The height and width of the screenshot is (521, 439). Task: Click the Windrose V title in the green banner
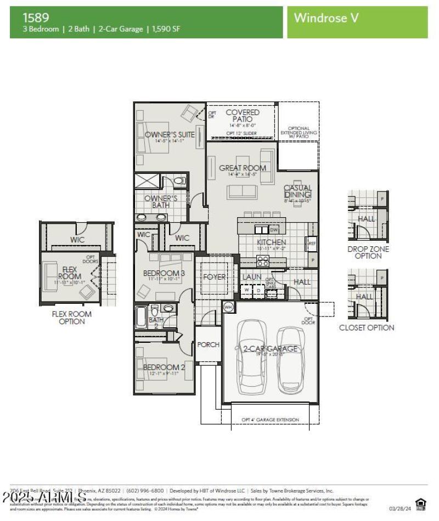pos(327,18)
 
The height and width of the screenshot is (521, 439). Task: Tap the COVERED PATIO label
pos(243,116)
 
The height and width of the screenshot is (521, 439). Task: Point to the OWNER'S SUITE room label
pos(170,134)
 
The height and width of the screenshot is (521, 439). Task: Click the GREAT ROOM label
pos(243,168)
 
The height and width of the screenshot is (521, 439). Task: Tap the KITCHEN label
pos(272,242)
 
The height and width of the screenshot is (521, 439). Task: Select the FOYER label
pos(214,277)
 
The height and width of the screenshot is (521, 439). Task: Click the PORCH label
pos(208,344)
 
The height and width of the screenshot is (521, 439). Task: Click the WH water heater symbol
pos(228,307)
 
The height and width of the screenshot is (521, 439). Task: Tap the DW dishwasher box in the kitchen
pos(274,230)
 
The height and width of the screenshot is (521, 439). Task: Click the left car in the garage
pos(251,356)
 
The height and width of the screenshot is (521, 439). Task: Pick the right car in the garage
pos(290,360)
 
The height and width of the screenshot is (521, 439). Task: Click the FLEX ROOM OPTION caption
pos(71,318)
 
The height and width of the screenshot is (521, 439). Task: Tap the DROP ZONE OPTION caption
pos(368,252)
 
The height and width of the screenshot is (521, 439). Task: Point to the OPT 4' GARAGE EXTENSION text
pos(271,420)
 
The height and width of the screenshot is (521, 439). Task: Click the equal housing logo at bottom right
pos(420,503)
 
